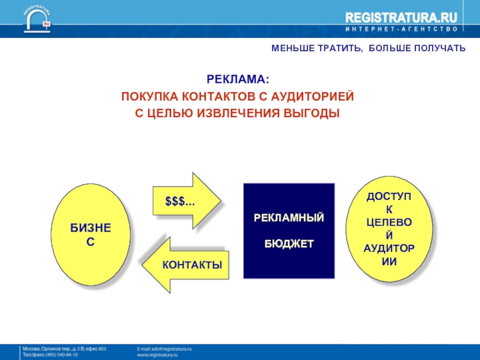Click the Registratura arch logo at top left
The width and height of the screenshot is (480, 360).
coord(38,18)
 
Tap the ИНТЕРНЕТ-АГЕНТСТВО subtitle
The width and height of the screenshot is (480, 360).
coord(401,29)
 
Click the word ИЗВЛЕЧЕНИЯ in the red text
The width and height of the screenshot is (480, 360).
coord(236,113)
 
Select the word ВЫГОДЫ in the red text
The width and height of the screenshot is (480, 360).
coord(313,113)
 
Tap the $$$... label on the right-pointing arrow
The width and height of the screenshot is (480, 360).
coord(180,201)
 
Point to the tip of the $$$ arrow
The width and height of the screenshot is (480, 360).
coord(221,201)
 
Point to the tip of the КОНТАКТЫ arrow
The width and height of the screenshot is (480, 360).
coord(143,265)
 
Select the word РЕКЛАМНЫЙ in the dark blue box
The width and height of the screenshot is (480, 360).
coord(289,217)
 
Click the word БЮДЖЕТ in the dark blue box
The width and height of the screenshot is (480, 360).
coord(289,244)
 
